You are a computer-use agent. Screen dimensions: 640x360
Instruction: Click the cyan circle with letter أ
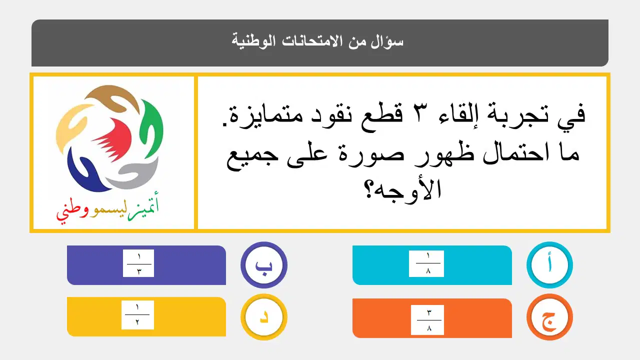[x=549, y=265]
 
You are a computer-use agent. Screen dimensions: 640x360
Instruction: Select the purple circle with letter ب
[x=263, y=265]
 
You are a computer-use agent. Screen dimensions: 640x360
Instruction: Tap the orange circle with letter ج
[x=549, y=317]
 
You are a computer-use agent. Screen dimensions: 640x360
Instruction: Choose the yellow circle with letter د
[x=263, y=317]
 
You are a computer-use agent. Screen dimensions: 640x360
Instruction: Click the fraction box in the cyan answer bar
[x=426, y=263]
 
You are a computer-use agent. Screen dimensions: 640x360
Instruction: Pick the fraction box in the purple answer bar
[x=138, y=263]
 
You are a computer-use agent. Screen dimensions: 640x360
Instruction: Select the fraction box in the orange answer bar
[x=427, y=319]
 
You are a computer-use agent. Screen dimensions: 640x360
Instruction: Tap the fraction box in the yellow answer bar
[x=137, y=315]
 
